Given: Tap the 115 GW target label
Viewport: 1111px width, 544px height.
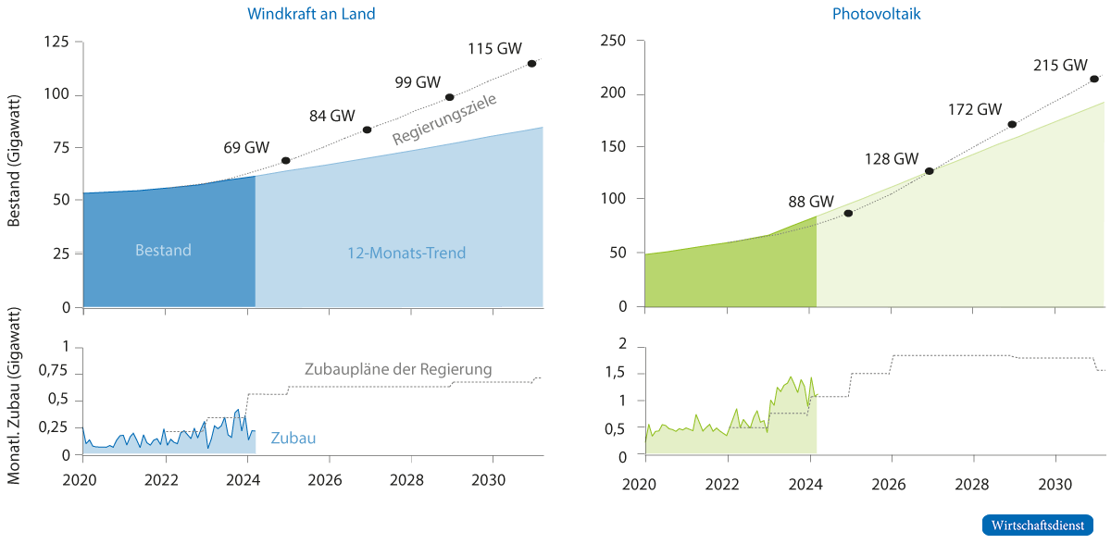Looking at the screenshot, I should (x=495, y=49).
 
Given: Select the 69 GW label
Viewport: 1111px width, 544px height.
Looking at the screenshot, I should (x=246, y=147).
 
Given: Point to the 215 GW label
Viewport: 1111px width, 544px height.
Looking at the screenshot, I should (x=1060, y=66).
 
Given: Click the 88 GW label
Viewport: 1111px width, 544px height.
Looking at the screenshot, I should (x=809, y=201).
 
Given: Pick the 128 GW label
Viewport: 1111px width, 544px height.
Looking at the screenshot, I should (x=891, y=157).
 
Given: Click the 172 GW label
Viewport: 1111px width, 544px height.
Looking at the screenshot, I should (x=975, y=109).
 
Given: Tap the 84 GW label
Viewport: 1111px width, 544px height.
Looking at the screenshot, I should (x=331, y=116).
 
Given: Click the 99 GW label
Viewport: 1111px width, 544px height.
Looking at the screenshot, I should (x=418, y=81).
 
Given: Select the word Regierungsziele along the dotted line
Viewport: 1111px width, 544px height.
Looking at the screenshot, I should (x=445, y=119).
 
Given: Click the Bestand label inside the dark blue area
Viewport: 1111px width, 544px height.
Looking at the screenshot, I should (x=163, y=250).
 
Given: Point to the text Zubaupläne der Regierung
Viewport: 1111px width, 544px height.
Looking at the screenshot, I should (x=398, y=369).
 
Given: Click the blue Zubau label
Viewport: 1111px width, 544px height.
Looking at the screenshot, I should (x=293, y=438).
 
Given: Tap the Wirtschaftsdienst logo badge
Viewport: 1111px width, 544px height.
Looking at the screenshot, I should (x=1038, y=525).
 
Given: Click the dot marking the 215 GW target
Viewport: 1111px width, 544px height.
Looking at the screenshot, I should (x=1094, y=80).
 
